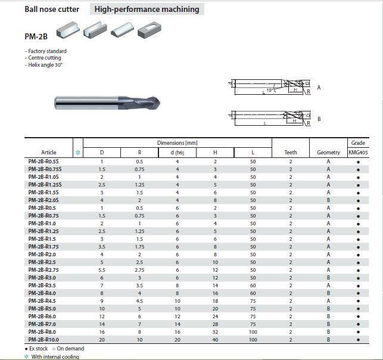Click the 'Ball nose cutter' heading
click(51, 9)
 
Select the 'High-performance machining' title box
click(147, 9)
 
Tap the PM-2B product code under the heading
click(36, 36)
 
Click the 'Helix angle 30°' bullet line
click(44, 65)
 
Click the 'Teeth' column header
click(291, 153)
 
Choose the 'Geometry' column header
click(328, 153)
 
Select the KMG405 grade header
click(358, 153)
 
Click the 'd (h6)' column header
click(177, 153)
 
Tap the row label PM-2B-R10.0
click(43, 339)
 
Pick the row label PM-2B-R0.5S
click(45, 162)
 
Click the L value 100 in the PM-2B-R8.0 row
click(253, 331)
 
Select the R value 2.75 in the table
click(139, 270)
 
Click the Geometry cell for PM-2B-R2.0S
click(328, 200)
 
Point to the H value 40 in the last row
click(215, 339)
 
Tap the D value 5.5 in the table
click(102, 270)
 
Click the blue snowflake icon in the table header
click(77, 153)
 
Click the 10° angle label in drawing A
click(270, 91)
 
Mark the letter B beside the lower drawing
click(319, 119)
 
